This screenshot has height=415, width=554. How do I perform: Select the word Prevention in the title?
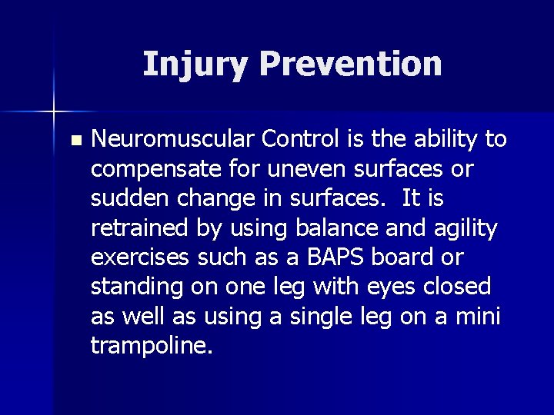(x=345, y=65)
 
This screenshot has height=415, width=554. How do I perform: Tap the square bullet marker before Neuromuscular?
(x=74, y=141)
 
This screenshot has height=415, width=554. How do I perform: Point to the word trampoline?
(x=151, y=346)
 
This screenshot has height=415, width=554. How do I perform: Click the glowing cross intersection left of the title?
(x=54, y=112)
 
